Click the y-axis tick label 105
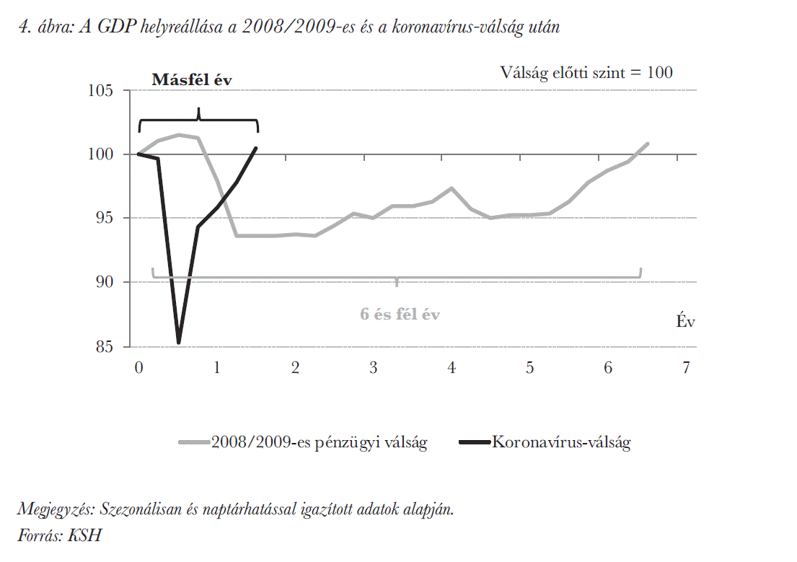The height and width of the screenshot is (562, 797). coord(102,91)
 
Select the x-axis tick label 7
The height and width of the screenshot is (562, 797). coord(686,368)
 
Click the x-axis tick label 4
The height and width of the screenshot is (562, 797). coord(452,368)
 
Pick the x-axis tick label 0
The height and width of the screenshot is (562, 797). coord(138,368)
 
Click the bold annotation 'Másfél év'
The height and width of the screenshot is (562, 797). coord(191,80)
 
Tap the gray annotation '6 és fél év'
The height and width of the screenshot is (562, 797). coord(400,315)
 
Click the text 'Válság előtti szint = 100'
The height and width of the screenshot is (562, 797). coord(586,73)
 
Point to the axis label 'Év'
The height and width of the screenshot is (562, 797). coord(685,322)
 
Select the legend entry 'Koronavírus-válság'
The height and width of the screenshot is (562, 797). coord(560,442)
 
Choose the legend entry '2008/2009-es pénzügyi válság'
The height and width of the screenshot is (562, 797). coord(318,442)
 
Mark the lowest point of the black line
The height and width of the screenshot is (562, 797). coord(178,342)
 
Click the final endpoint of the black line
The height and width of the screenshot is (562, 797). coord(256,148)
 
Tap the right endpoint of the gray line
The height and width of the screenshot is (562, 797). coord(648,144)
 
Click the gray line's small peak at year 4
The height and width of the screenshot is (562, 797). coord(452,188)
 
